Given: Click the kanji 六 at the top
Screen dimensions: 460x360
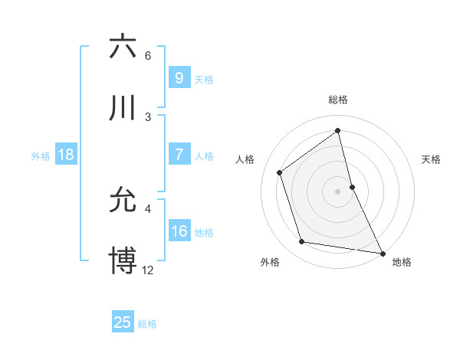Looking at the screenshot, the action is point(123,47).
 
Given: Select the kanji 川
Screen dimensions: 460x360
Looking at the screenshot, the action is point(123,108).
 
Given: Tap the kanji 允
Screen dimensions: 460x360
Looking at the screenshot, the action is point(123,200).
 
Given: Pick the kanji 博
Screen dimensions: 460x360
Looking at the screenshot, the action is point(123,260).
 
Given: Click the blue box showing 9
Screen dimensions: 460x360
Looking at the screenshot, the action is point(179,78).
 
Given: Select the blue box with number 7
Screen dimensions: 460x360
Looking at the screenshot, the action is point(179,155).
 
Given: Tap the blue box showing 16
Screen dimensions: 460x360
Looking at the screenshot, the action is point(179,231).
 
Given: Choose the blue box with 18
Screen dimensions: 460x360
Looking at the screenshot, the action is point(66,155).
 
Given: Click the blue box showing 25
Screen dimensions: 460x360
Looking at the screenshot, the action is point(123,322).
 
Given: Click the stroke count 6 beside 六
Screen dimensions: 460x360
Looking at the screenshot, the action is point(148,56).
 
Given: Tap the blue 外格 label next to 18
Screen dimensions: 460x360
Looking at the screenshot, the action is point(41,155).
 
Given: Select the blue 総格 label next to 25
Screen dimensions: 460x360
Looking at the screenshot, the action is point(147,323).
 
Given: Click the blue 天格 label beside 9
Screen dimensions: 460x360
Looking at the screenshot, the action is point(203,79).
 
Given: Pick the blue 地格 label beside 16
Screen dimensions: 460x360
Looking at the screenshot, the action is point(203,232).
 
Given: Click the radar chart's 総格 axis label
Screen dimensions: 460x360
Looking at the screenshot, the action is point(337,100).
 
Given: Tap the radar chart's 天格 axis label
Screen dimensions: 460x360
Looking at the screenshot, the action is point(431,159).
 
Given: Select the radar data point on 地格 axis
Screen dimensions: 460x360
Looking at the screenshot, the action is point(382,252).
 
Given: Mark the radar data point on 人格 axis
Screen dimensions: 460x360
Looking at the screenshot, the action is point(279,172).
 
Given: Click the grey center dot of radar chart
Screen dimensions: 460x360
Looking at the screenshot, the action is point(337,191).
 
